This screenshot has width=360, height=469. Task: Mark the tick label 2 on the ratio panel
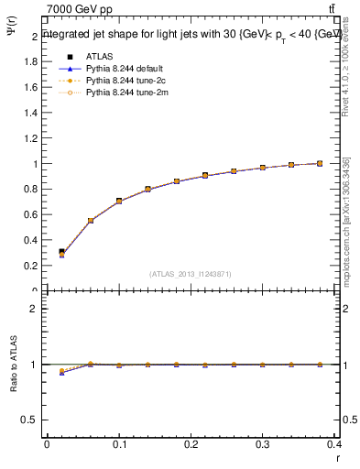click(x=35, y=309)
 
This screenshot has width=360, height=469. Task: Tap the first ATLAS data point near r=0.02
click(x=61, y=251)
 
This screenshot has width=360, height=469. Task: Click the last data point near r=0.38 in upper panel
click(x=319, y=163)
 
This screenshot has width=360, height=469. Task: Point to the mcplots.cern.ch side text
click(x=346, y=220)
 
